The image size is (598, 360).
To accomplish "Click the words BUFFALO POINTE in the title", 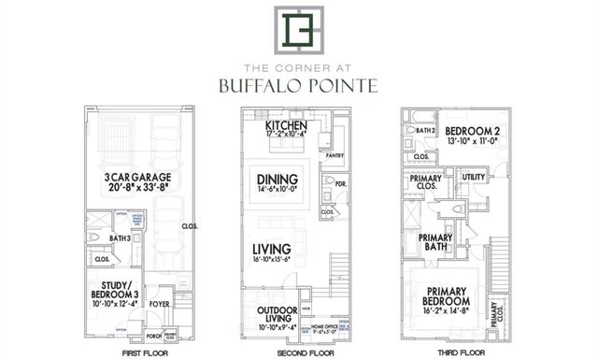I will pos(298,86).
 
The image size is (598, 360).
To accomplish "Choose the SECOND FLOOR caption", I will pos(299,354).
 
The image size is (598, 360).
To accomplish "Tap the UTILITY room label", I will pos(472,176).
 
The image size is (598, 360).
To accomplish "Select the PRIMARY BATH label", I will pos(434,242).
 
